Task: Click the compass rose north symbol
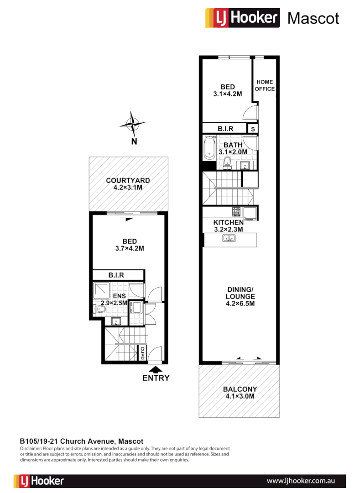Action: pyautogui.click(x=133, y=123)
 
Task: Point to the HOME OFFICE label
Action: pyautogui.click(x=265, y=85)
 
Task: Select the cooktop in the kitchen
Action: pyautogui.click(x=237, y=212)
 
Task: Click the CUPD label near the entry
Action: pyautogui.click(x=142, y=353)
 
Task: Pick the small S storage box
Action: pyautogui.click(x=252, y=129)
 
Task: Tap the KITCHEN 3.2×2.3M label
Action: pyautogui.click(x=228, y=226)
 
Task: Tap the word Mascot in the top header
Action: pyautogui.click(x=313, y=18)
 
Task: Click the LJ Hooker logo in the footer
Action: pyautogui.click(x=39, y=481)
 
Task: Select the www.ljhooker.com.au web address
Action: pyautogui.click(x=301, y=481)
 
